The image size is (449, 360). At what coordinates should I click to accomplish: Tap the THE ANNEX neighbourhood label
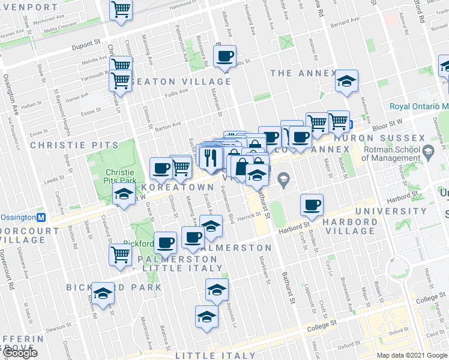coord(303,73)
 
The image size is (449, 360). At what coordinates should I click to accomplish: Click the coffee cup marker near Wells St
coord(225,56)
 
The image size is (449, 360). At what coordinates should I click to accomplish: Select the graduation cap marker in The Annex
coord(346,82)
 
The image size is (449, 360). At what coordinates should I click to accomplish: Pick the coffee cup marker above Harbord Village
coord(312,205)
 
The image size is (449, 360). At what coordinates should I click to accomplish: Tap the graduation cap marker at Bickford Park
coord(103,293)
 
